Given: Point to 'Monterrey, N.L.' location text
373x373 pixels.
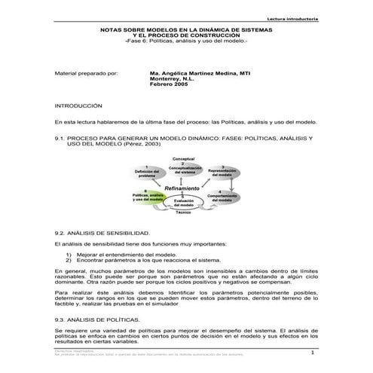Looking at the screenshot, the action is coord(171,81).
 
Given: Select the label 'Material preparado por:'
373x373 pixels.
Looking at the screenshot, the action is coord(82,75).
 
